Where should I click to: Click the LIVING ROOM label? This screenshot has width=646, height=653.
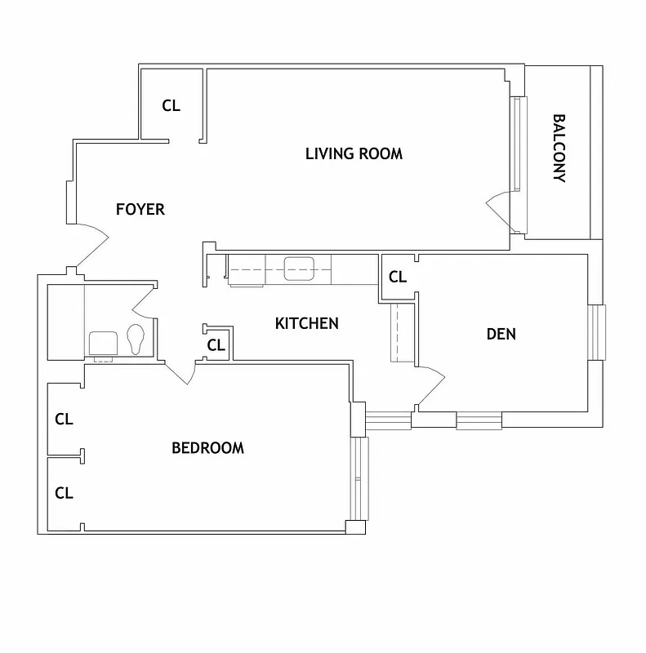click(x=354, y=153)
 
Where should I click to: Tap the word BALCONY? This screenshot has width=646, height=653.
click(x=559, y=148)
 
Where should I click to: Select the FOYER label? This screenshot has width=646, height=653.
click(x=140, y=210)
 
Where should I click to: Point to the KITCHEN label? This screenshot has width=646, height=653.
click(x=306, y=324)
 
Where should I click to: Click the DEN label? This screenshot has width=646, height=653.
click(x=501, y=334)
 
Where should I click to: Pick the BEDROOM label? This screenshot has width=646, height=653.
click(x=207, y=448)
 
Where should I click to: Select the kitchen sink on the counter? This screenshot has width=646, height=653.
click(x=300, y=267)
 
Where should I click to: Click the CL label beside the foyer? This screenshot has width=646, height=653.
click(x=171, y=105)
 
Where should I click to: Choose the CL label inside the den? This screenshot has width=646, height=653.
click(x=398, y=278)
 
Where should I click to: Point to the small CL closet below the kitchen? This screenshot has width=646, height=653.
click(x=216, y=345)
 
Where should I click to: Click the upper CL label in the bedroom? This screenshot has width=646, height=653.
click(x=64, y=420)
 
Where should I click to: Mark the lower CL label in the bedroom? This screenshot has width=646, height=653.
click(x=64, y=493)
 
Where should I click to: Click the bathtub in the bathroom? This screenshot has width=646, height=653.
click(x=66, y=322)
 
